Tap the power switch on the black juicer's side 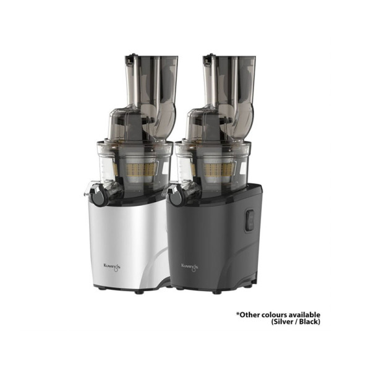coord(249,220)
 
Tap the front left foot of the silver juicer coord(100,289)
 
